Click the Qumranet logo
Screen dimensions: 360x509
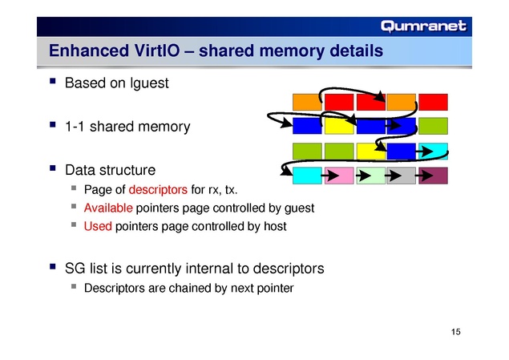[423, 26]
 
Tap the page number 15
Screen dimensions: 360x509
[457, 332]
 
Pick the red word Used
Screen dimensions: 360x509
[98, 226]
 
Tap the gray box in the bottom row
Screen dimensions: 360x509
[402, 175]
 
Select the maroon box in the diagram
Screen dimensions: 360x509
[433, 175]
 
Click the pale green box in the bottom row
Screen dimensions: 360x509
[370, 175]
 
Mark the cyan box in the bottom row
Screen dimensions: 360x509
[308, 175]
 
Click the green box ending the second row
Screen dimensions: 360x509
[433, 126]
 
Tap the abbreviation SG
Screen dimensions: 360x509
[76, 267]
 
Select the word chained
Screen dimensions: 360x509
[188, 286]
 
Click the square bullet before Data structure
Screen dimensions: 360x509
[53, 169]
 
